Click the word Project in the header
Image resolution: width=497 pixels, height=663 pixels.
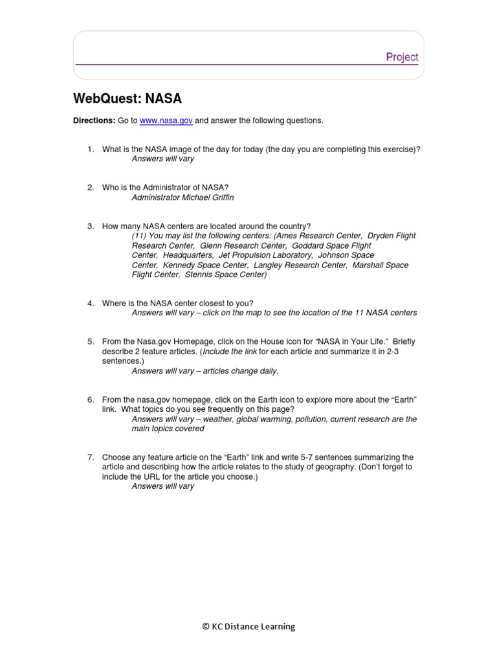[402, 57]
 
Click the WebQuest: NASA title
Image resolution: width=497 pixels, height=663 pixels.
[129, 98]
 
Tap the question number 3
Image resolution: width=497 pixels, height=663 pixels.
[91, 226]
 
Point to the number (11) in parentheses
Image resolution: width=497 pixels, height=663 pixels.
[139, 236]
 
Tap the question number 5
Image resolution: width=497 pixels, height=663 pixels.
[91, 341]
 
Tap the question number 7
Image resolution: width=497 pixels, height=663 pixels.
[91, 457]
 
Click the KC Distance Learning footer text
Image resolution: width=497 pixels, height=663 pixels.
[248, 626]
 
